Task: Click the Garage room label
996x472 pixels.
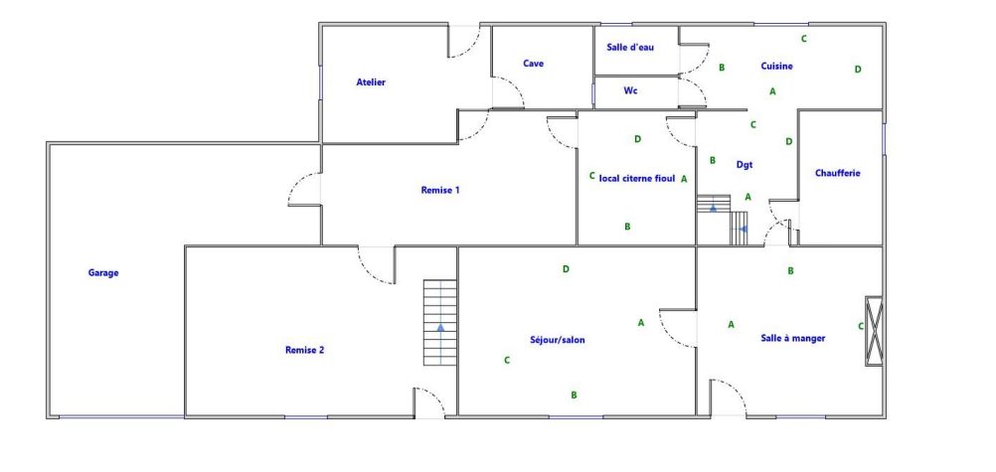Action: (103, 273)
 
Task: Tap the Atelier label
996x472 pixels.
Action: (371, 82)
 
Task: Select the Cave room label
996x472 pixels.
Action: (534, 64)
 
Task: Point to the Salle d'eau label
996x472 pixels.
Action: (630, 47)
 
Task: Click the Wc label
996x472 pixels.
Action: (631, 90)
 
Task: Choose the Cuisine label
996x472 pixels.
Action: (777, 66)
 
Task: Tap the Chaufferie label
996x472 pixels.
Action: (838, 173)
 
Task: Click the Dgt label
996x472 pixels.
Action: (745, 165)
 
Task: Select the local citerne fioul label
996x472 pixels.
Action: (637, 179)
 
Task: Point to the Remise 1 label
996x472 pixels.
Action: (440, 190)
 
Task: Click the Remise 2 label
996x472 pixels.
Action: (305, 350)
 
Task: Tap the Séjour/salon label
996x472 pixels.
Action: (558, 340)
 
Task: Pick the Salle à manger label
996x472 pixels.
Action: (793, 338)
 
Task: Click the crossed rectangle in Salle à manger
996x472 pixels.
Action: (874, 331)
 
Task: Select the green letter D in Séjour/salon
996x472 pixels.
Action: (566, 268)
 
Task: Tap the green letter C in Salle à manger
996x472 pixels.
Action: (861, 327)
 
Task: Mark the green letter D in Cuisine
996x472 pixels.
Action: (858, 70)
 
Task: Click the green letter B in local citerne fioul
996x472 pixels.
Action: (627, 227)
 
